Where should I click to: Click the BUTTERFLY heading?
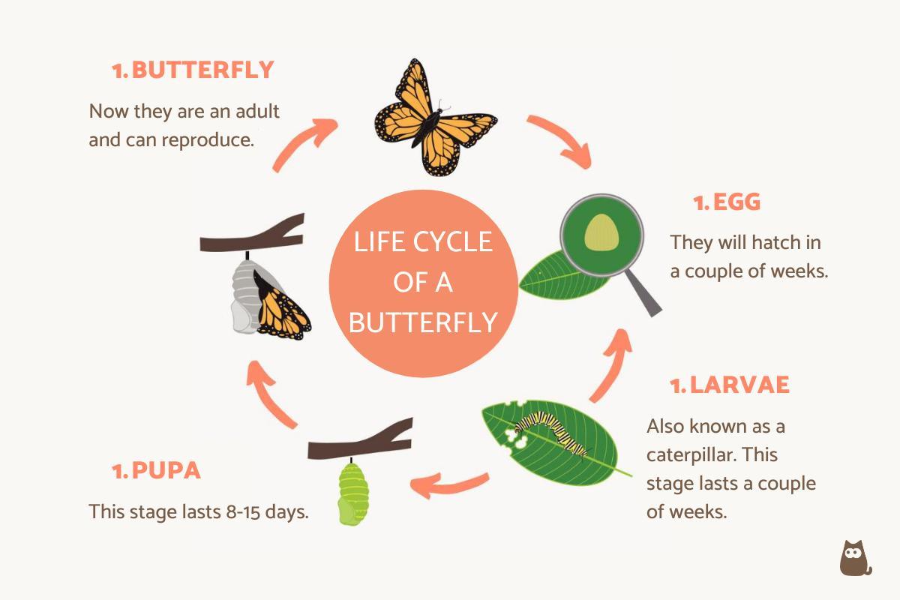pyautogui.click(x=202, y=70)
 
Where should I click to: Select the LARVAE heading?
pyautogui.click(x=739, y=385)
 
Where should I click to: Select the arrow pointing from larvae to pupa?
pyautogui.click(x=450, y=484)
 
